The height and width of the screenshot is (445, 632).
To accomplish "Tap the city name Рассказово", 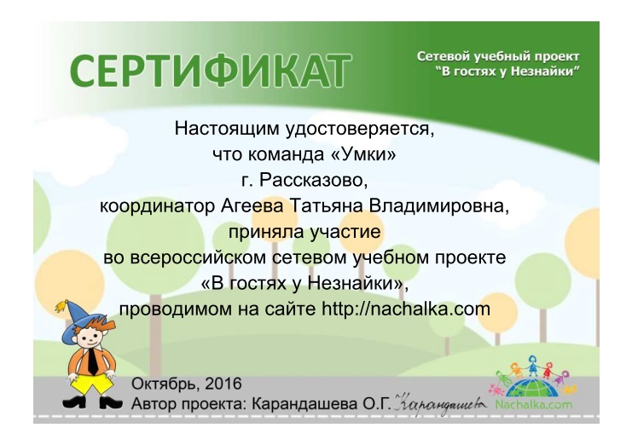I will [313, 181].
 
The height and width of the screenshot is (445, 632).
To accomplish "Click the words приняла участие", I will [305, 231].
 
